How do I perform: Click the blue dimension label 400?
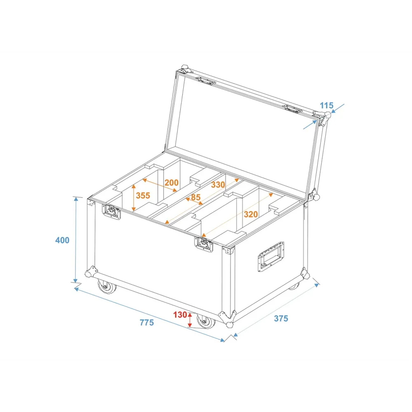(x=62, y=240)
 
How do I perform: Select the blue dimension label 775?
(x=147, y=323)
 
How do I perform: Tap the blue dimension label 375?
(x=281, y=318)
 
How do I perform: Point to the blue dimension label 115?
(x=326, y=105)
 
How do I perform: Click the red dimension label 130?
(x=180, y=314)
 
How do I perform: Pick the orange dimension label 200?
(x=171, y=183)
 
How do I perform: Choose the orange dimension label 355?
(x=143, y=195)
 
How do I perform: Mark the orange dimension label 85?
(x=195, y=197)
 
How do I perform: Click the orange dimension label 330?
(x=218, y=185)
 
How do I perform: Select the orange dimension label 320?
(x=250, y=214)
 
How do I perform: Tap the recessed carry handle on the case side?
(x=271, y=256)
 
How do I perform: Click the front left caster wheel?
(x=107, y=286)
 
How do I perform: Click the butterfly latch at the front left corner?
(x=111, y=211)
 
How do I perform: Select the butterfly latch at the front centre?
(x=204, y=244)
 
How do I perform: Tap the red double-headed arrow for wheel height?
(x=190, y=320)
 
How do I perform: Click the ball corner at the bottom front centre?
(x=227, y=319)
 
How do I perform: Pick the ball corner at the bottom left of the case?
(x=91, y=272)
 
